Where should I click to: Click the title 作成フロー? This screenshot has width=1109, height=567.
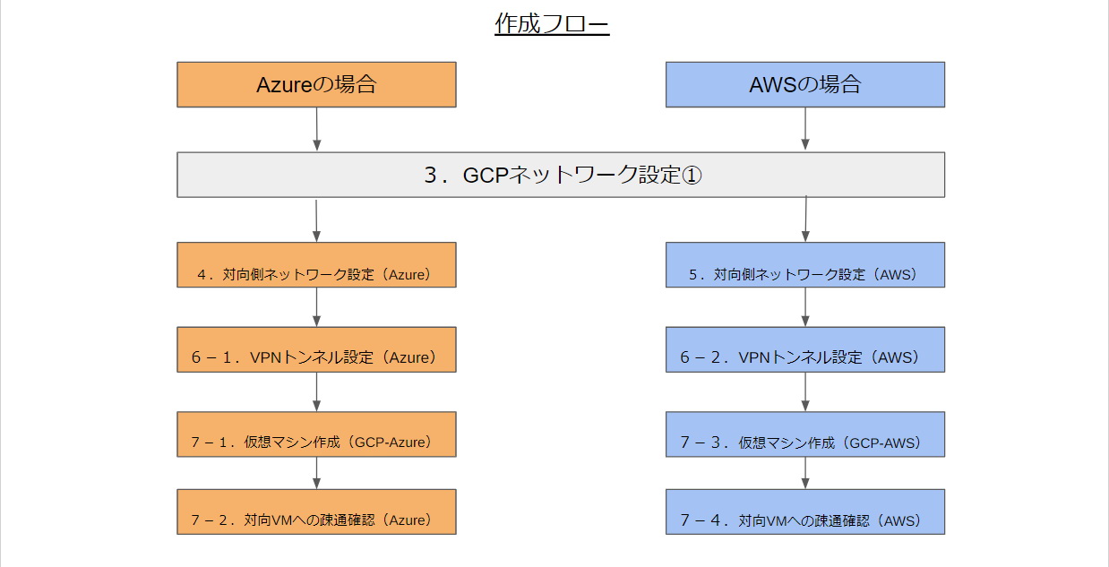tap(552, 23)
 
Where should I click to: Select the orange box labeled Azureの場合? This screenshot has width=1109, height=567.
tap(316, 85)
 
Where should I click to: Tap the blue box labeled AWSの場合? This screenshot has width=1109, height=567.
tap(805, 85)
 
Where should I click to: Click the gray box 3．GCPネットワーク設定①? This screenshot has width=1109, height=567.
tap(561, 175)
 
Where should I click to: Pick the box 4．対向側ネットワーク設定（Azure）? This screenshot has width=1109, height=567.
tap(316, 265)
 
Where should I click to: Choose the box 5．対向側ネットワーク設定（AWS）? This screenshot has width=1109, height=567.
tap(805, 265)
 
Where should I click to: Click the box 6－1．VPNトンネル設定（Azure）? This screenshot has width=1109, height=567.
tap(316, 349)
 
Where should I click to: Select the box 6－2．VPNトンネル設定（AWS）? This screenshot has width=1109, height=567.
tap(805, 349)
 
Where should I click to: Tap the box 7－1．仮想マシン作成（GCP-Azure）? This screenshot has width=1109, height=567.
tap(316, 434)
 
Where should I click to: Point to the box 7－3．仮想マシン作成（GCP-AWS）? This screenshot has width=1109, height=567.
tap(805, 434)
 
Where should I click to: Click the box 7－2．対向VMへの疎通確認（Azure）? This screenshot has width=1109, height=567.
tap(316, 512)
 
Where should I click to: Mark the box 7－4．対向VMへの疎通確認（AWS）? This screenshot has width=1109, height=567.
tap(805, 512)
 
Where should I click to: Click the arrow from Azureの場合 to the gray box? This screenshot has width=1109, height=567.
tap(317, 129)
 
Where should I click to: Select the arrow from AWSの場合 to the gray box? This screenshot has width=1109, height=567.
tap(805, 129)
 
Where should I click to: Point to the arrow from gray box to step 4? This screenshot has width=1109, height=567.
tap(316, 221)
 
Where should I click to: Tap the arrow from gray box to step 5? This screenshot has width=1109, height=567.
tap(805, 219)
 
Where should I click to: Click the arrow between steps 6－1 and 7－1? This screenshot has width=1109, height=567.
tap(317, 391)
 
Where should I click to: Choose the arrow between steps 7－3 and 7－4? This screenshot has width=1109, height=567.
tap(805, 473)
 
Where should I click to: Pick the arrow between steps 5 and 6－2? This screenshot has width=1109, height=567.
tap(805, 307)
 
